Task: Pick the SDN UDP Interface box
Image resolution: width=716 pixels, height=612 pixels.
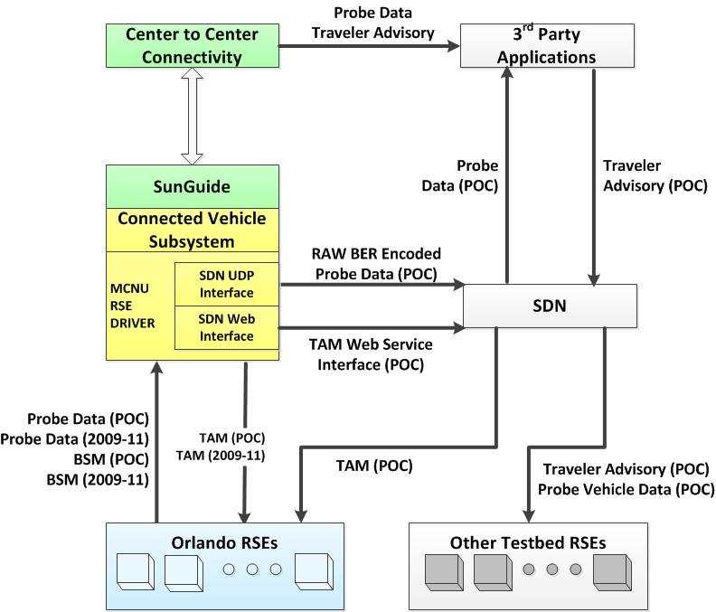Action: click(226, 285)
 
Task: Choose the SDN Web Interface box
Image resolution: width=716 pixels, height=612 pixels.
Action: click(226, 328)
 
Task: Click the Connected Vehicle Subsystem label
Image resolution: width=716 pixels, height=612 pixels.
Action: click(191, 230)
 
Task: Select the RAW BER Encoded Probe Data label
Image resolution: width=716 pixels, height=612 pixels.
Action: click(375, 263)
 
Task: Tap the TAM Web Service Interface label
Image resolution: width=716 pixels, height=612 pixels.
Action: click(371, 354)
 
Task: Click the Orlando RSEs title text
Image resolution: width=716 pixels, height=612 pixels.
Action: click(223, 542)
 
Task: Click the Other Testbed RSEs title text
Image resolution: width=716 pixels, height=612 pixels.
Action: click(528, 542)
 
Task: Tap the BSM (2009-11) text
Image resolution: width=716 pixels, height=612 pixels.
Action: click(97, 478)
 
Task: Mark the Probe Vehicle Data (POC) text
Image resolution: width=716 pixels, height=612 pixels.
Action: click(626, 488)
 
